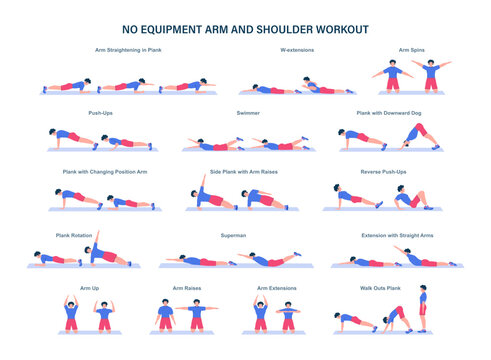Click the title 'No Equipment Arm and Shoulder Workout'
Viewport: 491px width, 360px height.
(245, 30)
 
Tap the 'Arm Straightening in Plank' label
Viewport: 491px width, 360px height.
(129, 49)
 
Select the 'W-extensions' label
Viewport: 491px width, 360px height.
(293, 49)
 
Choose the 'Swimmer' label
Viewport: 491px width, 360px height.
(248, 113)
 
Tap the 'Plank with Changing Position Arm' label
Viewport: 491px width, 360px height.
(105, 171)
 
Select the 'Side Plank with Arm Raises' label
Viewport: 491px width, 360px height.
(243, 171)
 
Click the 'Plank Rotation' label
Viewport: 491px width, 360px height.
(75, 235)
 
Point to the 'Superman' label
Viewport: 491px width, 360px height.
(234, 235)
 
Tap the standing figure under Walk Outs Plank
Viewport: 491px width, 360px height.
(422, 310)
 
